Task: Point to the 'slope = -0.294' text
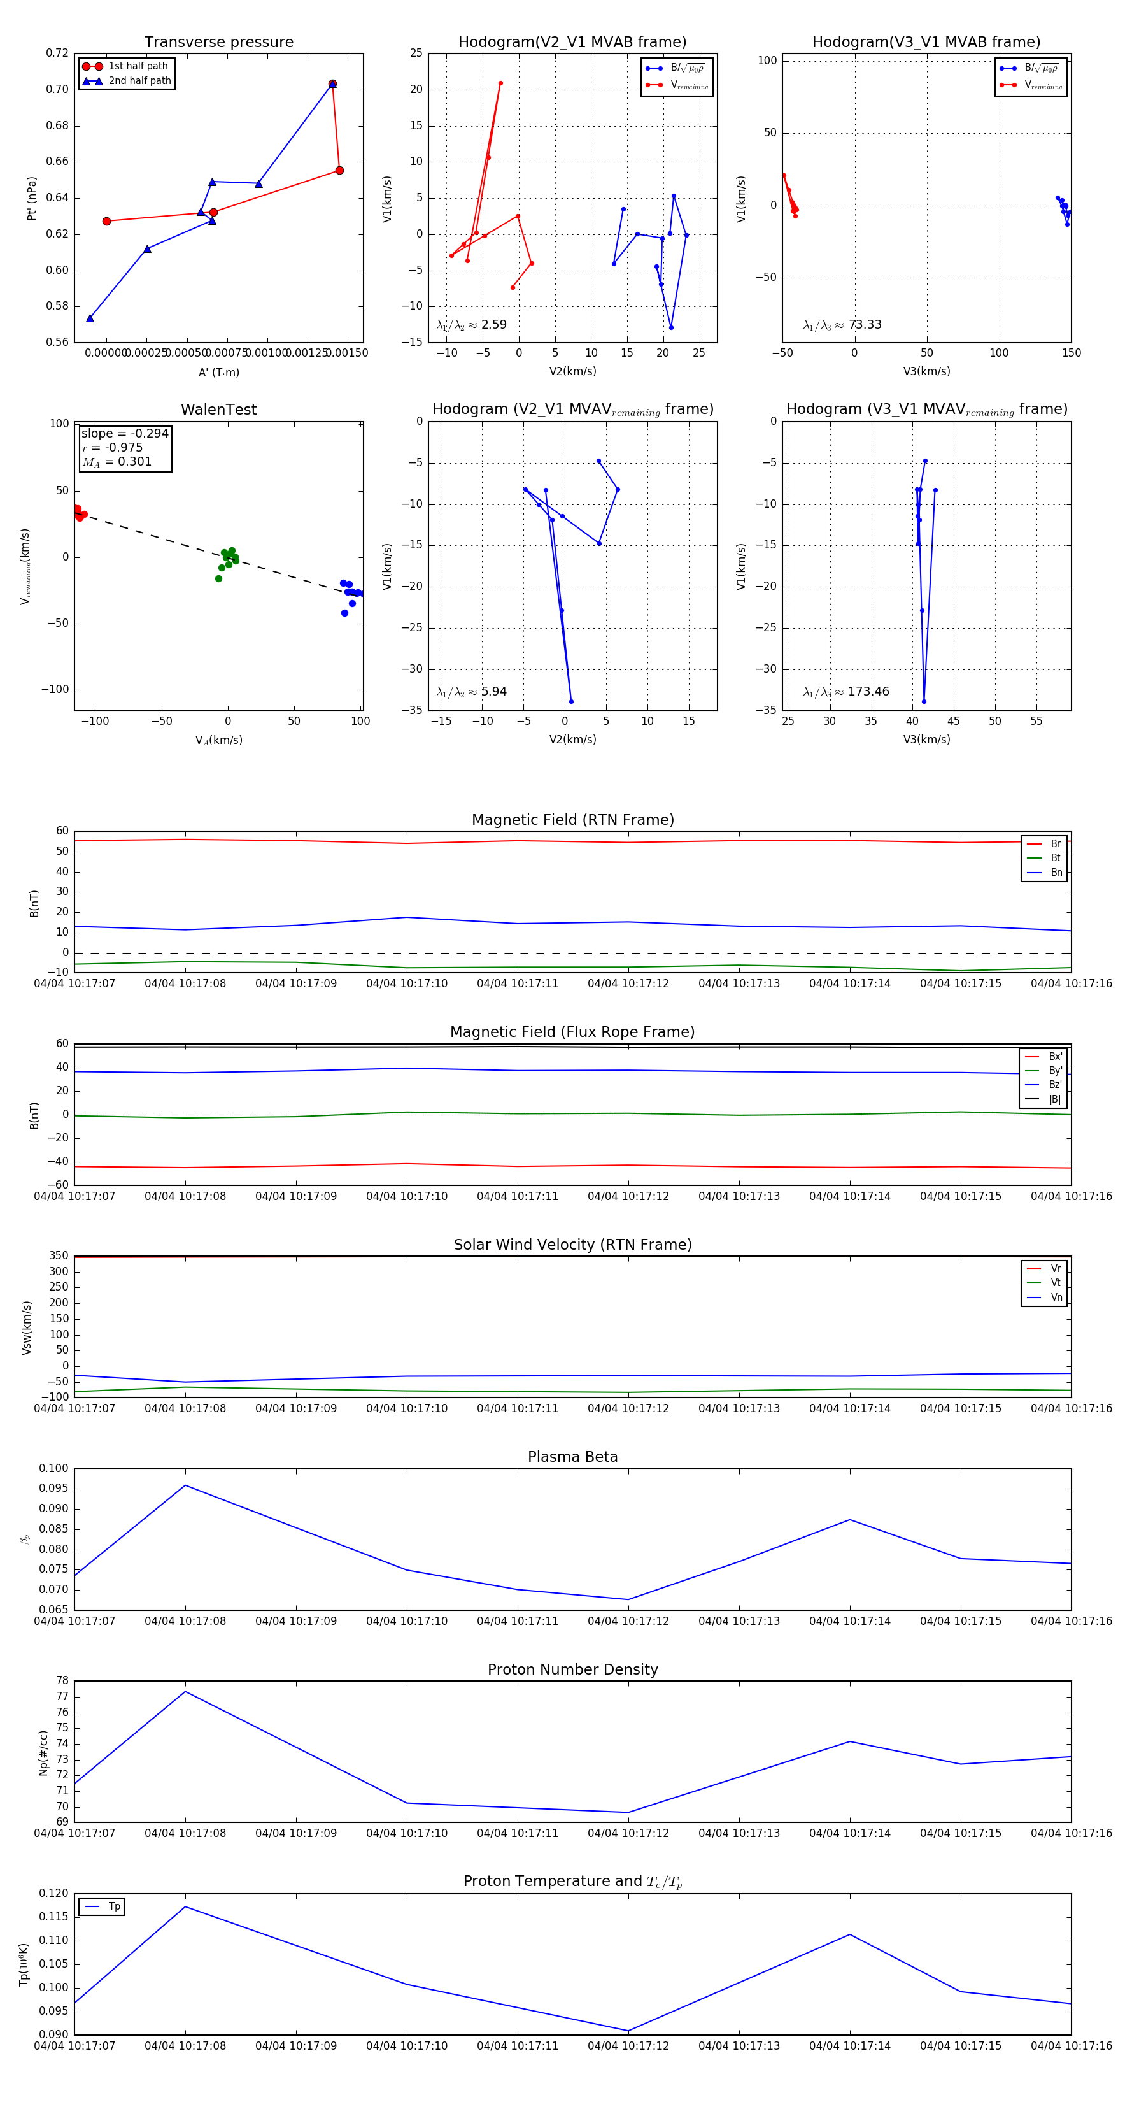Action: tap(125, 433)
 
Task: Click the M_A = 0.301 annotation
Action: tap(117, 462)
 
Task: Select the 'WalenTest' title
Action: tap(218, 410)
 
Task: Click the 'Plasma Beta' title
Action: tap(572, 1457)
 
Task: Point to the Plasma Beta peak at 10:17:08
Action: tap(185, 1485)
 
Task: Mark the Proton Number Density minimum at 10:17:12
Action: tap(628, 1812)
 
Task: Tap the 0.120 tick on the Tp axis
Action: tap(54, 1893)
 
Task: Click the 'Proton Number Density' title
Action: tap(572, 1669)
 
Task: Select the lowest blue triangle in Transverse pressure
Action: tap(90, 318)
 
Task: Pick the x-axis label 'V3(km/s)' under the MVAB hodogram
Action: tap(926, 371)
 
